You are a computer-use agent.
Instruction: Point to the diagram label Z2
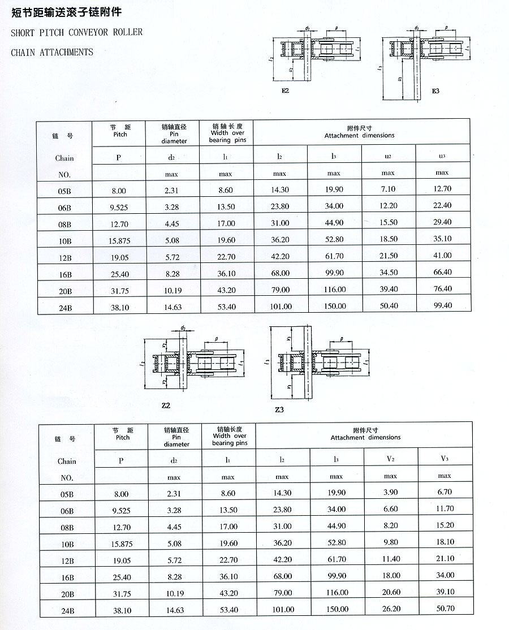click(166, 405)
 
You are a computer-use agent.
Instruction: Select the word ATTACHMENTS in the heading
click(65, 53)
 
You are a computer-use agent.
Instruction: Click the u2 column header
click(388, 156)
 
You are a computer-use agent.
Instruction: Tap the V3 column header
click(445, 459)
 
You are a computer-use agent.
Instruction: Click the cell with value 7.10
click(388, 189)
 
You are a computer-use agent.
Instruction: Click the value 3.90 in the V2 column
click(390, 493)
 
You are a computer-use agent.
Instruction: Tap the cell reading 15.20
click(445, 525)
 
